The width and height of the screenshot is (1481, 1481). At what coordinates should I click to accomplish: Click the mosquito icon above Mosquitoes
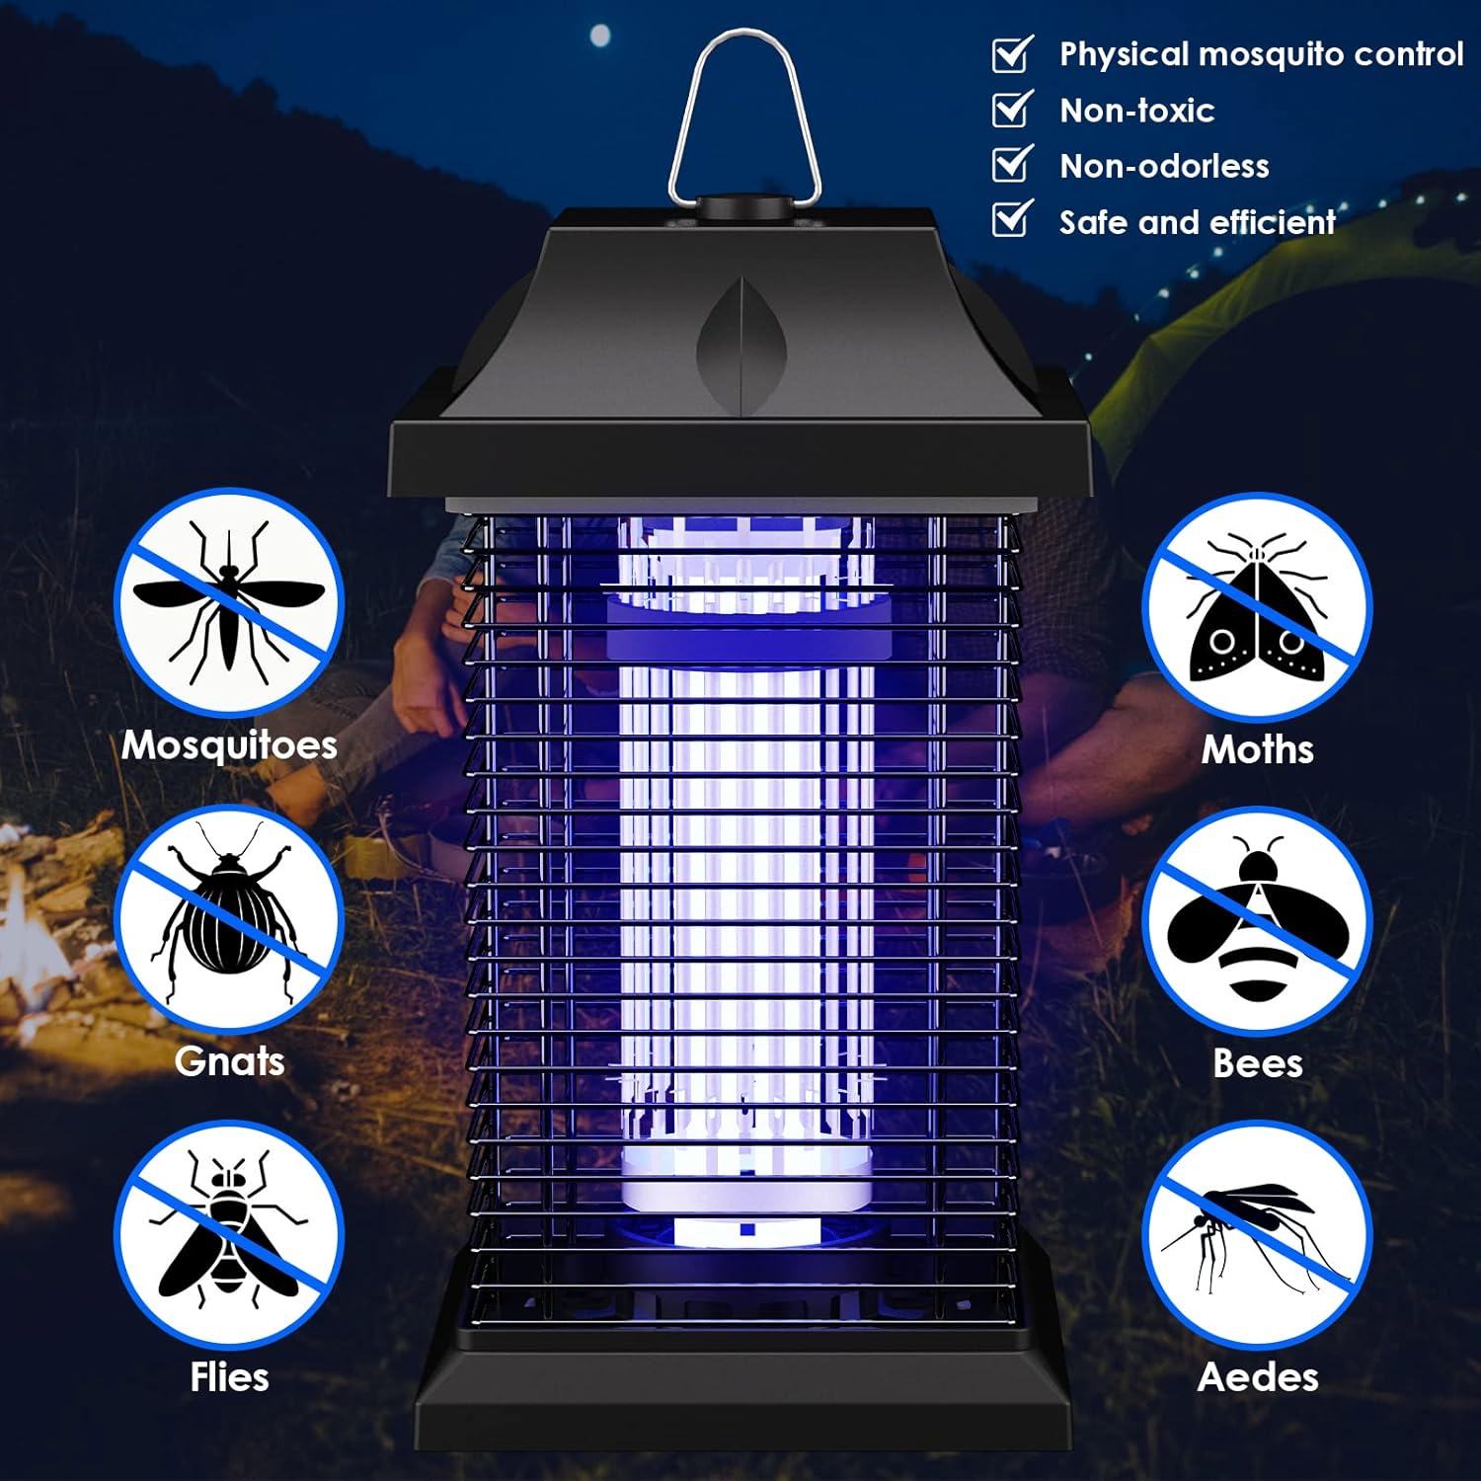[229, 601]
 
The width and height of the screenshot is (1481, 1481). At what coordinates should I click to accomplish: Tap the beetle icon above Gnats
[229, 917]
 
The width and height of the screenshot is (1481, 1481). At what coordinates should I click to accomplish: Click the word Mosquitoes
[229, 745]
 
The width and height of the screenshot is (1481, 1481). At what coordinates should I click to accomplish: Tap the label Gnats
[229, 1061]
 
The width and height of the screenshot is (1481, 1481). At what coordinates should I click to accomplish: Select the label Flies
[229, 1376]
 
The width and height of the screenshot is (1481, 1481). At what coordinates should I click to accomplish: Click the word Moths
[1257, 749]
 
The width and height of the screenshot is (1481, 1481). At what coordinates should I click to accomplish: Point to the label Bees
[1257, 1063]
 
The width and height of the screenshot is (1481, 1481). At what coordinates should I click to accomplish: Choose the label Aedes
[1257, 1376]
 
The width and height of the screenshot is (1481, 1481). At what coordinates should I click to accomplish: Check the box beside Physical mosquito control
[1012, 53]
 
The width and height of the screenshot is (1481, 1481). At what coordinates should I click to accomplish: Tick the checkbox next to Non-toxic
[1012, 109]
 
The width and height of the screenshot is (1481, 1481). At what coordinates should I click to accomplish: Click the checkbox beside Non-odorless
[1012, 164]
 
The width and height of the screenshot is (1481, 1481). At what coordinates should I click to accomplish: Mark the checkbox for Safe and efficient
[1012, 219]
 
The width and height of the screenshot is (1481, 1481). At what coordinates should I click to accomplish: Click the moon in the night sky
[599, 38]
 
